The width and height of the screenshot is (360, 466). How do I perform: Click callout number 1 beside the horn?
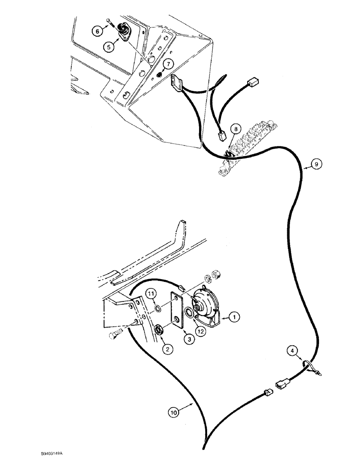pos(235,317)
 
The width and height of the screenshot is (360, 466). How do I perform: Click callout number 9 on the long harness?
pos(316,164)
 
